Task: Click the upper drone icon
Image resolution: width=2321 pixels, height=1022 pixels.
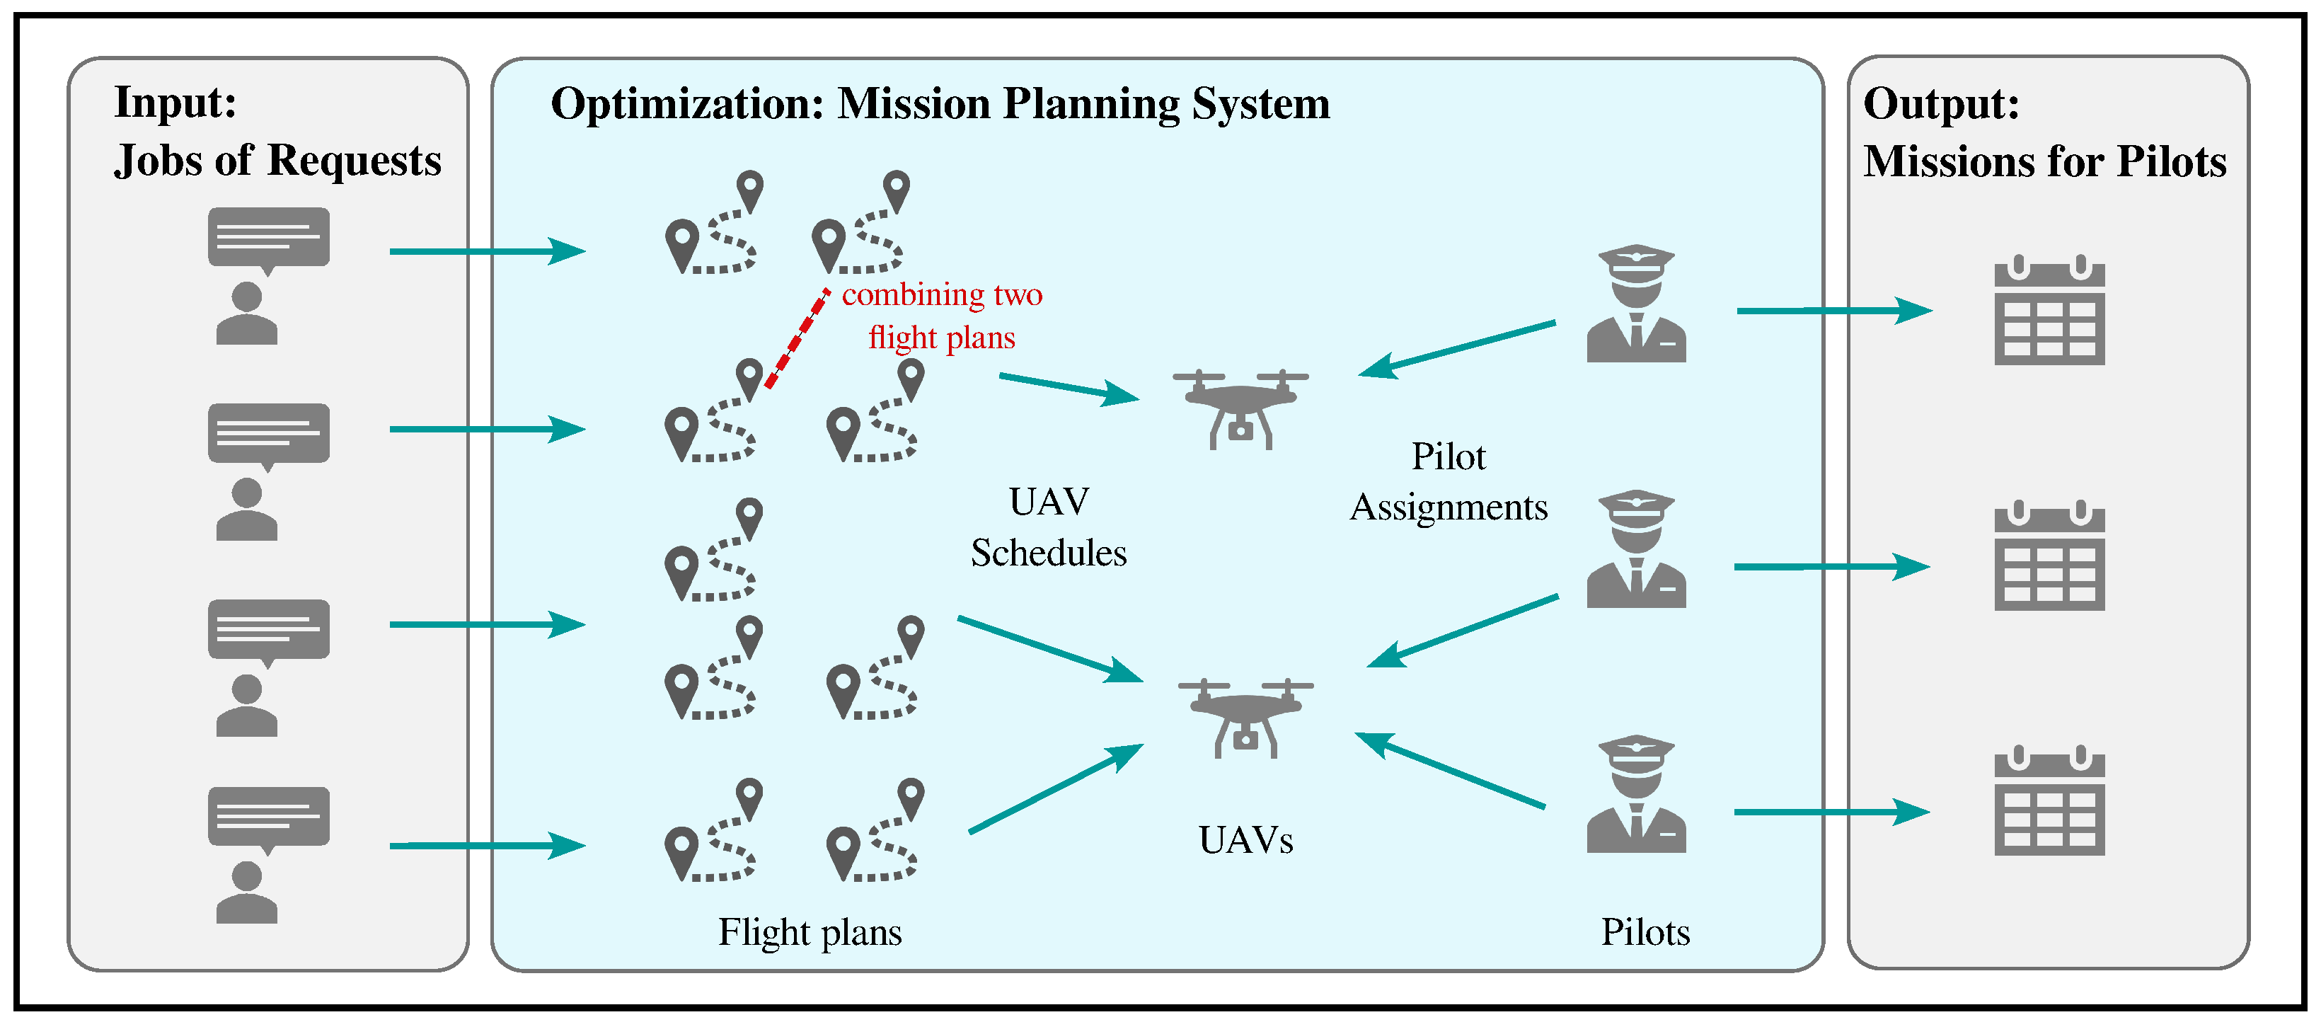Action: (1240, 408)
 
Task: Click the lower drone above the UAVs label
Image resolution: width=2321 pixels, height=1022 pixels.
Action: (1245, 716)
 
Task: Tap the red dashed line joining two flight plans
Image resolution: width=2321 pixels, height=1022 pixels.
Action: (797, 338)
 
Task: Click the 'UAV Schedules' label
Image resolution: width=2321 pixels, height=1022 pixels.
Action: (1048, 527)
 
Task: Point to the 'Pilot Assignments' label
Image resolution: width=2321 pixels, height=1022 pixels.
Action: (1448, 481)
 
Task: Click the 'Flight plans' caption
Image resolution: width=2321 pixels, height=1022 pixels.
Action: (809, 932)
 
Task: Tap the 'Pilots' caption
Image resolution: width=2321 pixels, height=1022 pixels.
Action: (1645, 932)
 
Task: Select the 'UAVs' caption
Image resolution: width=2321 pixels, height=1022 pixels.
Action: (1245, 840)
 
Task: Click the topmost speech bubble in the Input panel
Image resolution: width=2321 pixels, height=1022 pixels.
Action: (268, 238)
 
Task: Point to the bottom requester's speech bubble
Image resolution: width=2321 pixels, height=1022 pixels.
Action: (268, 817)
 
